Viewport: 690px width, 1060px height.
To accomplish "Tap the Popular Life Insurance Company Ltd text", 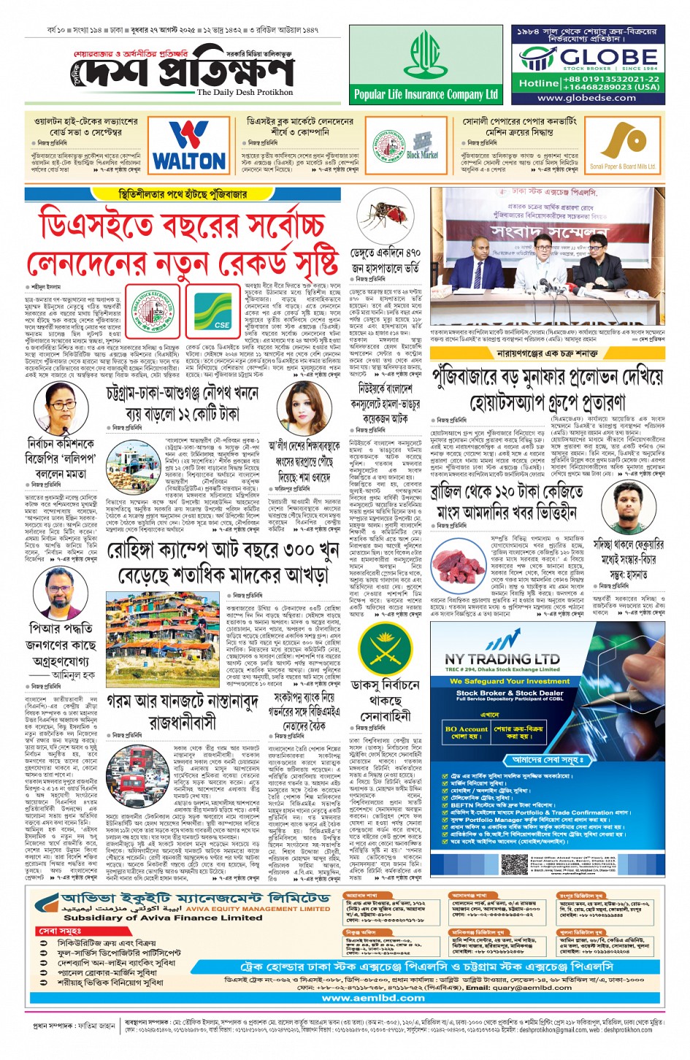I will [x=426, y=94].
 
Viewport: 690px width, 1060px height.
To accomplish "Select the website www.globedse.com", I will [x=586, y=98].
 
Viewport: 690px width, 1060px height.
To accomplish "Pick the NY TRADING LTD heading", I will [x=502, y=659].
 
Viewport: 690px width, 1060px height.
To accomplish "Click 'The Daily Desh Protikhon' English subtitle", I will [x=245, y=93].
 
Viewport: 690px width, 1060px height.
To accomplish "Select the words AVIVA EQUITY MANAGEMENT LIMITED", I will [x=258, y=909].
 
